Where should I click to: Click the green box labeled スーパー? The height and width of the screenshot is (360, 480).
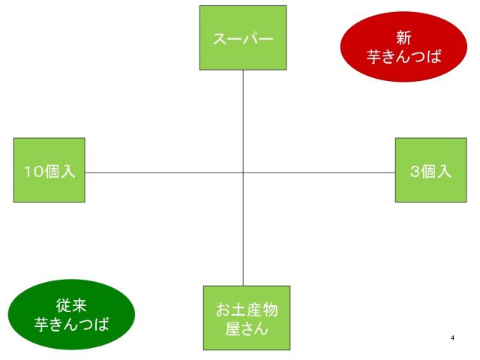pyautogui.click(x=243, y=37)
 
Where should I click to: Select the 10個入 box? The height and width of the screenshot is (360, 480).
pyautogui.click(x=49, y=170)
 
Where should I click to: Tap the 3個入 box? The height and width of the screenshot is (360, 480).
pyautogui.click(x=431, y=170)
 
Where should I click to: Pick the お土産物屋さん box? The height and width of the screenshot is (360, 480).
pyautogui.click(x=247, y=318)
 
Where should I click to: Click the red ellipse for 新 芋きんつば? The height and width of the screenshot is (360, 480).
pyautogui.click(x=403, y=46)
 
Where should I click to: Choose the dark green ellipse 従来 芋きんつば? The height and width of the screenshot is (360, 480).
pyautogui.click(x=71, y=314)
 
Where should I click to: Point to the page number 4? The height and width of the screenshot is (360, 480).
pyautogui.click(x=452, y=338)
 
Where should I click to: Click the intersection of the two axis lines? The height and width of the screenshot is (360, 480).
pyautogui.click(x=243, y=172)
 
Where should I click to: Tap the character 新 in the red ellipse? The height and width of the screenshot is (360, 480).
pyautogui.click(x=403, y=37)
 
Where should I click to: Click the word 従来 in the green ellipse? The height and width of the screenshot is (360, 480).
pyautogui.click(x=71, y=305)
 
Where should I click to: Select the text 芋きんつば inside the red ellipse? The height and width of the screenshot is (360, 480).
pyautogui.click(x=404, y=56)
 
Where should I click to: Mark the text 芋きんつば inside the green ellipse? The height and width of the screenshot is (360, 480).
pyautogui.click(x=72, y=324)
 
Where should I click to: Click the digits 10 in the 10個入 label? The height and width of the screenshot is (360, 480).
pyautogui.click(x=34, y=171)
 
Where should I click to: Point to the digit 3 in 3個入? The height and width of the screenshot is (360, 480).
pyautogui.click(x=415, y=171)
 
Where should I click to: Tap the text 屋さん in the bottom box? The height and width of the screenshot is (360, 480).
pyautogui.click(x=247, y=328)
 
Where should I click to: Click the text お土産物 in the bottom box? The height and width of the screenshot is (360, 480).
pyautogui.click(x=247, y=310)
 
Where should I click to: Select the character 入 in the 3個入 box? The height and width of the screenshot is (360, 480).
pyautogui.click(x=444, y=171)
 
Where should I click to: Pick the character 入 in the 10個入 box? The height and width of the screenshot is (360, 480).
pyautogui.click(x=67, y=171)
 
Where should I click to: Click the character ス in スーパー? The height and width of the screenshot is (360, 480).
pyautogui.click(x=220, y=39)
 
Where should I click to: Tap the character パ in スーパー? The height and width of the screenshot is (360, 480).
pyautogui.click(x=251, y=39)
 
